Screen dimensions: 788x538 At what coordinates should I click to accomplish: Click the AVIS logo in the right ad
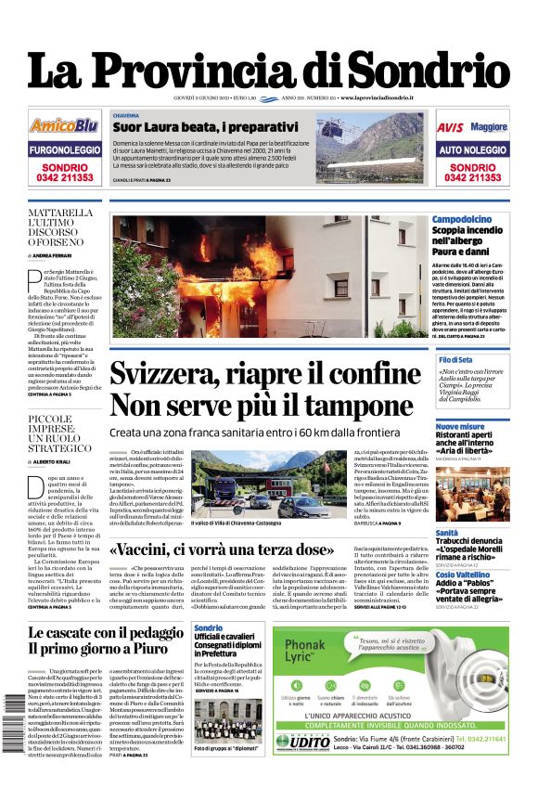point(450,126)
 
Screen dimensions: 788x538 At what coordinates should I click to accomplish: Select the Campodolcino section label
point(462,219)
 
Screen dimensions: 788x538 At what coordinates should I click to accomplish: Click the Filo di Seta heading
point(455,359)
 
